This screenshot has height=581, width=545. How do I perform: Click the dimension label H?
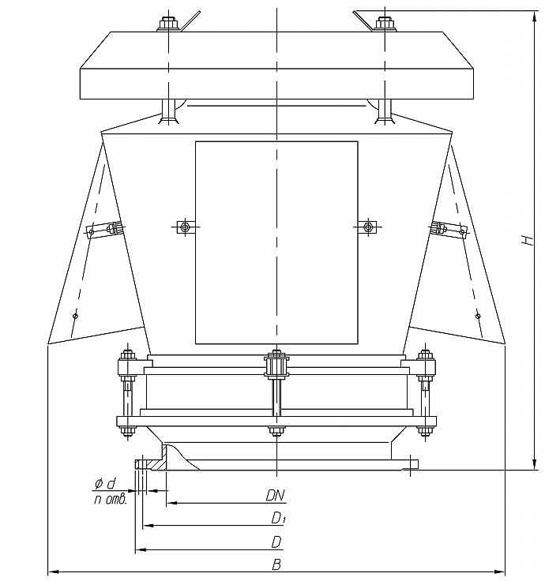click(x=528, y=240)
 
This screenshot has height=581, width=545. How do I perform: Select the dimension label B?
click(x=276, y=564)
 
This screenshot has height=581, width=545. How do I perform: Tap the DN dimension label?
click(x=275, y=496)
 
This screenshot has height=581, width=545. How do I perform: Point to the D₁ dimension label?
click(x=278, y=518)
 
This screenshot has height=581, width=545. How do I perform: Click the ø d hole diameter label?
click(x=105, y=484)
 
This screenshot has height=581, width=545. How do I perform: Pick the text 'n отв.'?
click(x=111, y=500)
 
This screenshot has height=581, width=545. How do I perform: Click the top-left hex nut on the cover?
click(x=168, y=24)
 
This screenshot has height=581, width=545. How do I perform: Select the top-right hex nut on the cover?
click(x=385, y=24)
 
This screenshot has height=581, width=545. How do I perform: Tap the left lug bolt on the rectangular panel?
click(x=185, y=227)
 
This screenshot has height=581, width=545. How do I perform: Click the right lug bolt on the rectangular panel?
click(x=367, y=227)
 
